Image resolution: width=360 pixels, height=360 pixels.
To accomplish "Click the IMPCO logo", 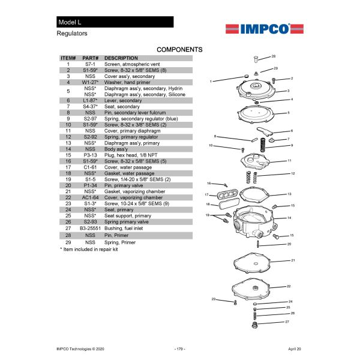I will pyautogui.click(x=259, y=29).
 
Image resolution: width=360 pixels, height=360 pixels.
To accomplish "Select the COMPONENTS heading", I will pyautogui.click(x=179, y=49).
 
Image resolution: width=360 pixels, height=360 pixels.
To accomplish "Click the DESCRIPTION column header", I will pyautogui.click(x=122, y=58).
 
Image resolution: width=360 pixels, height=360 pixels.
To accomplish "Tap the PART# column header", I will pyautogui.click(x=90, y=58).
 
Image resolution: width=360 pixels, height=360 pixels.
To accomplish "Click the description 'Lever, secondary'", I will pyautogui.click(x=123, y=101).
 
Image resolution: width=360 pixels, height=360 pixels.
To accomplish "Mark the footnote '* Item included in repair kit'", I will pyautogui.click(x=89, y=248).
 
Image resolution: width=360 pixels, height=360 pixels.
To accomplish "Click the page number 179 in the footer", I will pyautogui.click(x=179, y=348).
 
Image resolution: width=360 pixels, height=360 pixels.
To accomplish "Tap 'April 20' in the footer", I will pyautogui.click(x=294, y=348).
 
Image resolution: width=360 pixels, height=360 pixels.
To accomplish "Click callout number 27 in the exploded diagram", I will pyautogui.click(x=287, y=322).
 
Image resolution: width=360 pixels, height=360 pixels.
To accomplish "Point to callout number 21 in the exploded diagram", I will pyautogui.click(x=293, y=260).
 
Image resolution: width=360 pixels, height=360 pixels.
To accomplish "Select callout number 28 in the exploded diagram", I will pyautogui.click(x=274, y=56).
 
